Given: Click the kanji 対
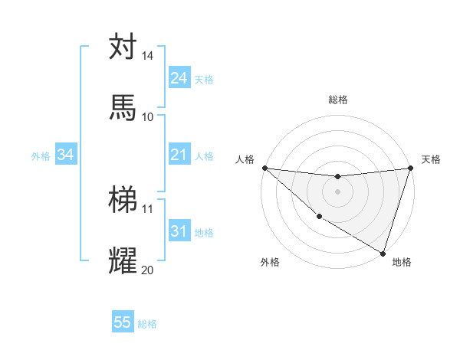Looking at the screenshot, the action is click(123, 47).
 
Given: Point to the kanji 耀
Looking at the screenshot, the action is click(123, 260).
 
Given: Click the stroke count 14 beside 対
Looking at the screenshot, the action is click(148, 56).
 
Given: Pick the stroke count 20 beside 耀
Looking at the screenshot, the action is click(148, 270).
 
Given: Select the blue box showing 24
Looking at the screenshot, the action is click(179, 78).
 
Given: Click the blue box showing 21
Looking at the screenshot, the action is click(179, 155).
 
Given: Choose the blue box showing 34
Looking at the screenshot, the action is click(66, 155).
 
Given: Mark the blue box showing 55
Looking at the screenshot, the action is click(123, 322).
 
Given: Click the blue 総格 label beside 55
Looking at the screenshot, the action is click(147, 324).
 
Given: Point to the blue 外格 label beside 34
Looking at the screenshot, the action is click(41, 155).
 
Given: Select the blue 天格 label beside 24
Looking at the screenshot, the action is click(204, 79).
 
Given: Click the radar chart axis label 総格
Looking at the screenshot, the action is click(337, 100).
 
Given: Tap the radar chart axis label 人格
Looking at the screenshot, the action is click(245, 159).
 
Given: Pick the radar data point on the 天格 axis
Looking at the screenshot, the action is click(410, 169).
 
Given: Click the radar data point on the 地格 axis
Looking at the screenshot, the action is click(383, 253).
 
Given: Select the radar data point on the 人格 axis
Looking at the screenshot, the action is click(264, 168).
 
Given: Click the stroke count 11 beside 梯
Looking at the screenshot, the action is click(148, 208).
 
